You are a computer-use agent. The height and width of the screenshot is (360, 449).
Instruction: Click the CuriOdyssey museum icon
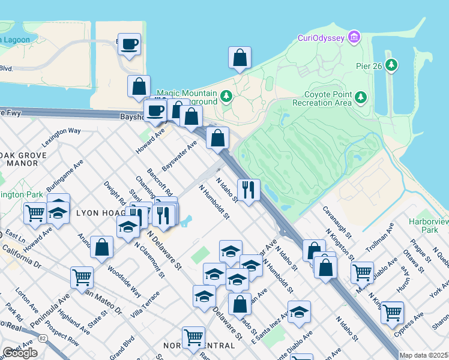354,38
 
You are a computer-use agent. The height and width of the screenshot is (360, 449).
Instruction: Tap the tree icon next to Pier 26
392,64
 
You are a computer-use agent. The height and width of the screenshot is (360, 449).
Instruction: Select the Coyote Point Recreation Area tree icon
360,96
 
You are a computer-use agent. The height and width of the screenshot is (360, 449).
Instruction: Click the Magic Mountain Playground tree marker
226,96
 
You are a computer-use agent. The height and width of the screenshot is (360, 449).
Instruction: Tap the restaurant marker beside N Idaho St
249,190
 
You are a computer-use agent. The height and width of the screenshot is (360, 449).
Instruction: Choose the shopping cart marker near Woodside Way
82,277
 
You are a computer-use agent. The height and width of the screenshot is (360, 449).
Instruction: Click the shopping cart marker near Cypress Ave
392,312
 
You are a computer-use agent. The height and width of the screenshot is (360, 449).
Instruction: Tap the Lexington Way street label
61,137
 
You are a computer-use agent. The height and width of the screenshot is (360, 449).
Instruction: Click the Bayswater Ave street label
180,154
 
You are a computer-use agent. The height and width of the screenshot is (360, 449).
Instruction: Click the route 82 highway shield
42,338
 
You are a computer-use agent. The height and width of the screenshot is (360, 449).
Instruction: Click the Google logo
20,353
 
